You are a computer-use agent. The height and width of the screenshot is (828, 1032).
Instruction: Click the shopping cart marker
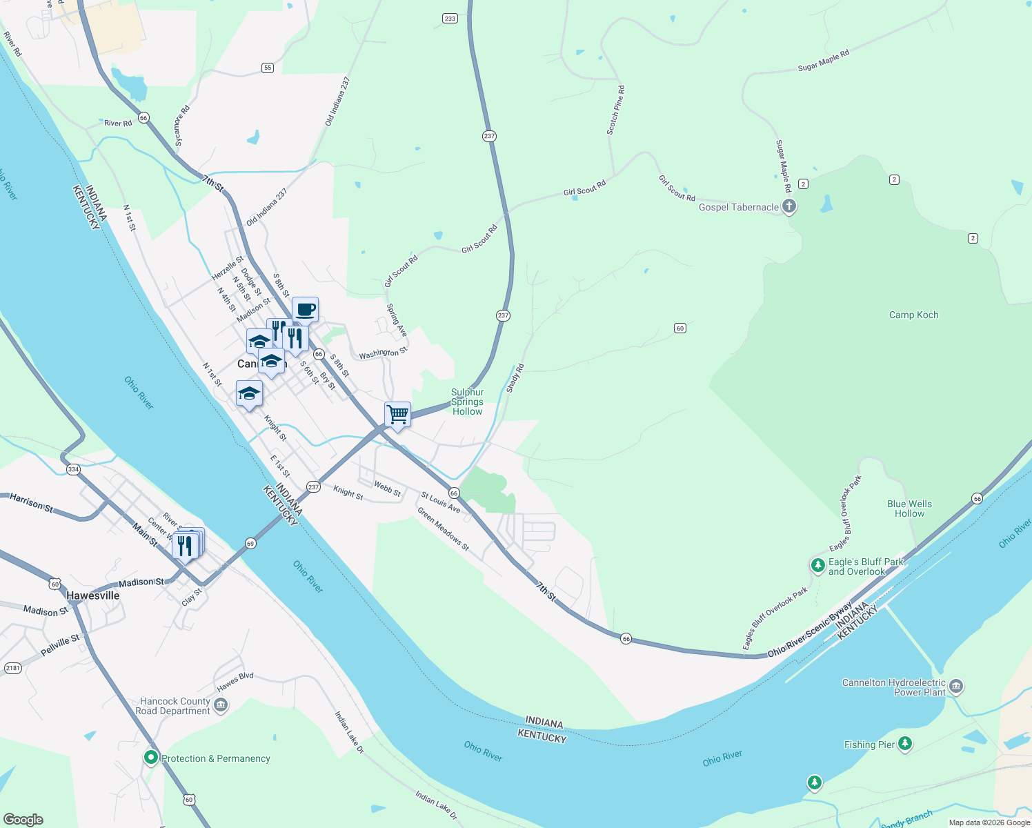(397, 415)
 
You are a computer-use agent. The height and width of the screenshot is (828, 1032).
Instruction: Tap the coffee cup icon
(305, 310)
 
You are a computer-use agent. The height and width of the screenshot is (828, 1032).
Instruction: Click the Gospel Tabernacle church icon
(789, 206)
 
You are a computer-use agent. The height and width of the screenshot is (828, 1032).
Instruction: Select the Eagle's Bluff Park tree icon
(817, 566)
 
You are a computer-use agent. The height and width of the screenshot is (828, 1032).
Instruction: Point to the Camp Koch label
(913, 315)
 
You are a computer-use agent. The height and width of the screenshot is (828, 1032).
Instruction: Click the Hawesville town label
(93, 595)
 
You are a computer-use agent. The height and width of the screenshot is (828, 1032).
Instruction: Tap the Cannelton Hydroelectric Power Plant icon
(956, 687)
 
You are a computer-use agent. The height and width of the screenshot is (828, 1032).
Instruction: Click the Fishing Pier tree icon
(905, 744)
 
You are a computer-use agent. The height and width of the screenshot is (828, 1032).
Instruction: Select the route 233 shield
(450, 19)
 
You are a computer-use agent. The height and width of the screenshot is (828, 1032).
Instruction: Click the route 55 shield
(268, 68)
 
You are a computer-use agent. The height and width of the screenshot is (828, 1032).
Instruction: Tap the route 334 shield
(73, 469)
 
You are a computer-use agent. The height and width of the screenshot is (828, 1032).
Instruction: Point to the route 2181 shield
(13, 668)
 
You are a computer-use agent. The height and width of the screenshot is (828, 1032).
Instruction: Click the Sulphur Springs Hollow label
(467, 402)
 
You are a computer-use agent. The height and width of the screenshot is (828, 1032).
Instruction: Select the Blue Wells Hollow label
(909, 509)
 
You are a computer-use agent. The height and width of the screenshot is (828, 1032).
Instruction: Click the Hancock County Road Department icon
(221, 704)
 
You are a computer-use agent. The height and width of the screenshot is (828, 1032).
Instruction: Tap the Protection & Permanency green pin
(150, 758)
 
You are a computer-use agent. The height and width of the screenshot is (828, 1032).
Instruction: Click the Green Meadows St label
(443, 529)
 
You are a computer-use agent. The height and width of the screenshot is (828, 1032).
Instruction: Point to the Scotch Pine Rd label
(616, 110)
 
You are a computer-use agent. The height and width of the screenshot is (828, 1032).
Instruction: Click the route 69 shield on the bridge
(250, 544)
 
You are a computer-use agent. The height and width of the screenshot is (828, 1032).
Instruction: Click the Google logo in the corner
(23, 819)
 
